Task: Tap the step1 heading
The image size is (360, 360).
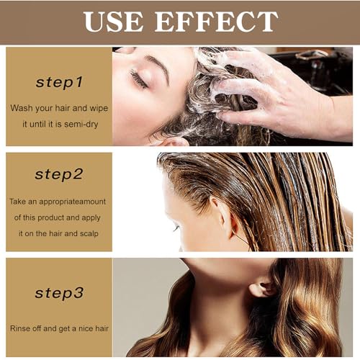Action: tap(59, 82)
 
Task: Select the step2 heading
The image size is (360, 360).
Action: tap(59, 174)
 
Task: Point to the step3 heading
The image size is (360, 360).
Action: tap(59, 292)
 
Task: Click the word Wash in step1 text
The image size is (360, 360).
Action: tap(22, 107)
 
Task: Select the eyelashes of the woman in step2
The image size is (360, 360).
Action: tap(175, 229)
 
